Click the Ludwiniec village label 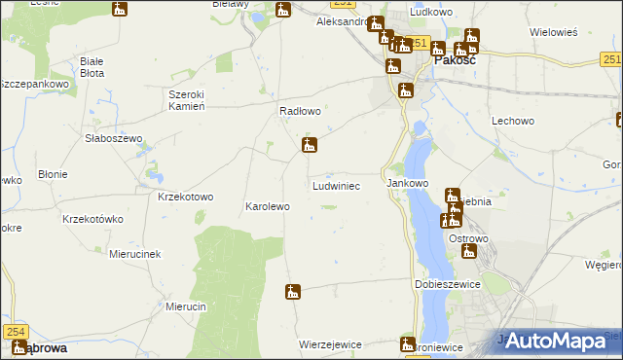[x=337, y=185]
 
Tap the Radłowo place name [x=300, y=112]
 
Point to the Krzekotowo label [x=185, y=197]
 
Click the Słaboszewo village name [x=113, y=138]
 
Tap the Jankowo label [x=408, y=183]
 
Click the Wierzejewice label [x=331, y=344]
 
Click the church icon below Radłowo [x=309, y=147]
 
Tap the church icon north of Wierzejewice [x=292, y=291]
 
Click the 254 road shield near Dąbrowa [x=18, y=332]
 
